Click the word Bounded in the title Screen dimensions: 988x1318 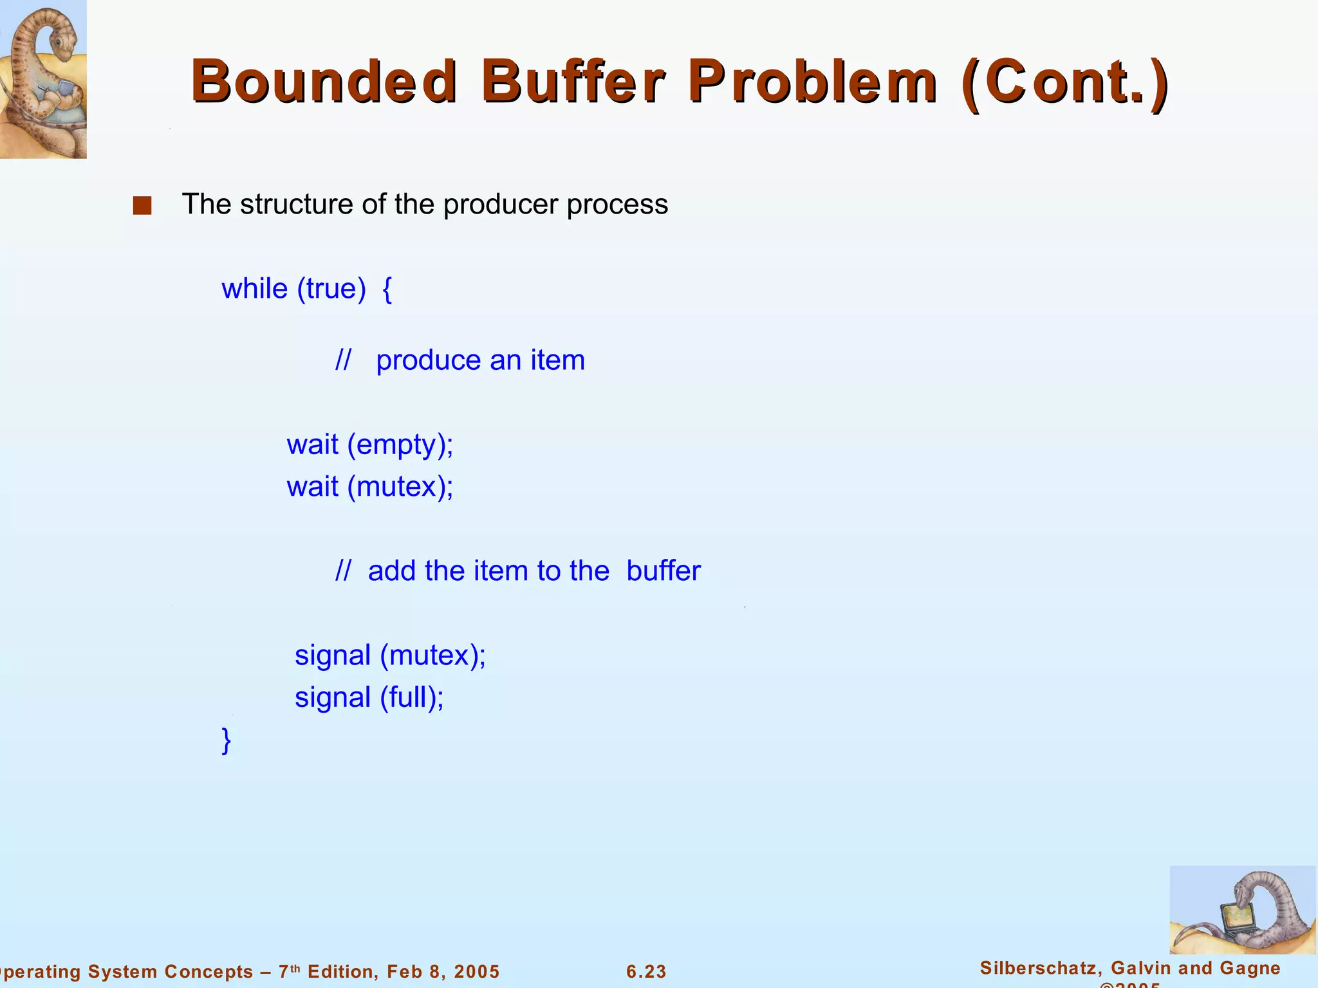pos(324,82)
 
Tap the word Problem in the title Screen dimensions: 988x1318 pos(812,82)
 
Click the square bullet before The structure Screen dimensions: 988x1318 pos(142,206)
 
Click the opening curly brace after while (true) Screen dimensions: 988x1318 pos(387,289)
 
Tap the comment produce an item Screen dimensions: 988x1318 pos(479,360)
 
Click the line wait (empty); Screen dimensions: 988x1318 pos(370,445)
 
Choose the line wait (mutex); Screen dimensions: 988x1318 pos(370,487)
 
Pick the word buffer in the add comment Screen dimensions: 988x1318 pos(663,571)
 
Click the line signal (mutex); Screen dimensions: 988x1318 pos(390,656)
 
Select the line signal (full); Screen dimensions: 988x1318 pos(369,698)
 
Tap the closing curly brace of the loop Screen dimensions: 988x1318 pos(226,741)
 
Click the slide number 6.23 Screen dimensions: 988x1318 pos(646,971)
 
